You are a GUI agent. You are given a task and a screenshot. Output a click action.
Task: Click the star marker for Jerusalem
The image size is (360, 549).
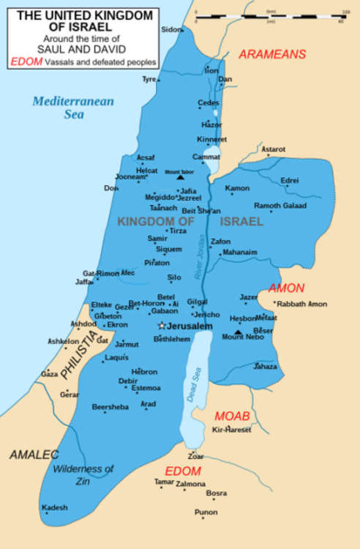162,325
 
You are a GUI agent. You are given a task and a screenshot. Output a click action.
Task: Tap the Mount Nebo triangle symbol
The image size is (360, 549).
237,331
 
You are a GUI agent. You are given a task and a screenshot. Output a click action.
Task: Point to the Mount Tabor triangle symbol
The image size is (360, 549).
180,177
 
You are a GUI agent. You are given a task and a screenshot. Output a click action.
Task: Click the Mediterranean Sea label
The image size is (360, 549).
72,108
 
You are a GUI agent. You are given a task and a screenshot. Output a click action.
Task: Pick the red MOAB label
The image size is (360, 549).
232,416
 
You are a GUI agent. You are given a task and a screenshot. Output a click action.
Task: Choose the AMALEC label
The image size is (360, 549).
34,455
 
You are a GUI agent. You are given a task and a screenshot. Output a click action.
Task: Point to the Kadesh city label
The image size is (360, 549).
55,507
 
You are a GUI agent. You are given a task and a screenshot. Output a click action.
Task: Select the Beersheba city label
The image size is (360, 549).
110,406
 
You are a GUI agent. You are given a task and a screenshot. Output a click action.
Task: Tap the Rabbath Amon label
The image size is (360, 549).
301,303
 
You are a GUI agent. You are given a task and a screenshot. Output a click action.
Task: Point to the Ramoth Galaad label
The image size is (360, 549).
280,206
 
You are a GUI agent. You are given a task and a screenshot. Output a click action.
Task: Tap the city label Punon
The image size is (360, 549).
206,512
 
